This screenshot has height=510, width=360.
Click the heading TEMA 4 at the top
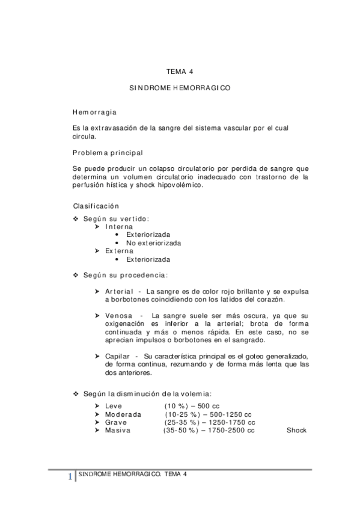[x=180, y=71]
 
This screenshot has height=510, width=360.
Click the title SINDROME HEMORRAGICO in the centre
[x=180, y=88]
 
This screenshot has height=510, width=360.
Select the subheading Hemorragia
[x=95, y=112]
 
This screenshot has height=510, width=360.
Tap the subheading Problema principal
[x=108, y=152]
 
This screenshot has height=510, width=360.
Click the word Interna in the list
[x=117, y=227]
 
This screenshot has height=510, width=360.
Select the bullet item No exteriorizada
[x=153, y=243]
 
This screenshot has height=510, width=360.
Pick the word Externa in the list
[x=117, y=251]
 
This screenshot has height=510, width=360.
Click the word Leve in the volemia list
[x=113, y=406]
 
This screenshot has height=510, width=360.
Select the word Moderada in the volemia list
[x=123, y=414]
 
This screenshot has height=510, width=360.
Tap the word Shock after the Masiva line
[x=296, y=430]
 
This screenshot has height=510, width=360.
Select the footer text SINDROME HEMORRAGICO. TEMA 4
[x=133, y=474]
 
